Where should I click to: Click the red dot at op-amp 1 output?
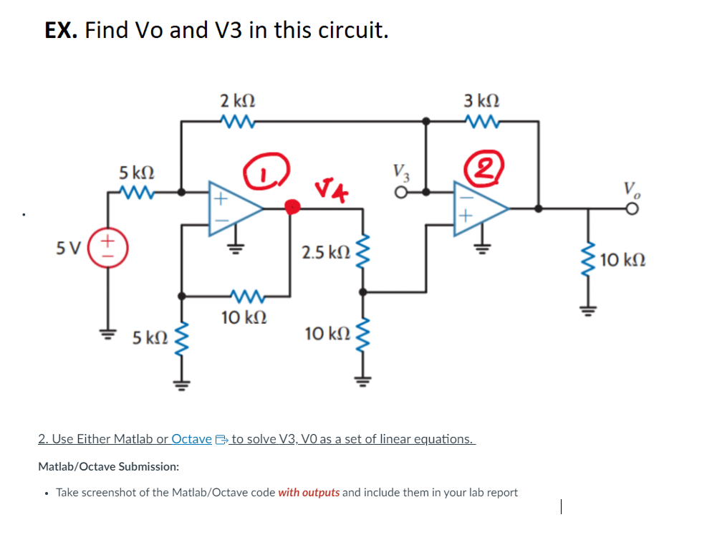coord(292,208)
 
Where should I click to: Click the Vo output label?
coord(631,188)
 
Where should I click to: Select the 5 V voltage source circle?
coord(110,249)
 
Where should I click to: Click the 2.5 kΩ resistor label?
coord(326,252)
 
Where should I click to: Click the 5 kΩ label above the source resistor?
coord(136,173)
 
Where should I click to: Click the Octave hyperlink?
coord(192,438)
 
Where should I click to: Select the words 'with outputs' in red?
coord(309,493)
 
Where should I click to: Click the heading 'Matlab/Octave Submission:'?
coord(108,466)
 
